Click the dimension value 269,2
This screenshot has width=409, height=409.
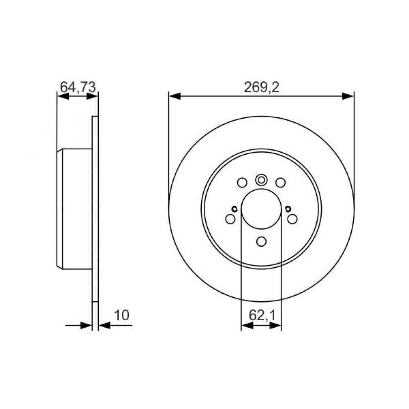tap(261, 88)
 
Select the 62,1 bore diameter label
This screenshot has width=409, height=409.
tap(262, 316)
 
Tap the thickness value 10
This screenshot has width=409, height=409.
tap(121, 315)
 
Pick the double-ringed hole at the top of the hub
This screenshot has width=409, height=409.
tap(261, 180)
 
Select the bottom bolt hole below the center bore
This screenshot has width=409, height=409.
tap(261, 242)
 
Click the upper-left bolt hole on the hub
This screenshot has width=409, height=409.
tap(242, 182)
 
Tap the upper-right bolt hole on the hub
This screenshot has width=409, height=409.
tap(281, 182)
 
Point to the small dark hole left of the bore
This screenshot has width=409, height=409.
tap(234, 209)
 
